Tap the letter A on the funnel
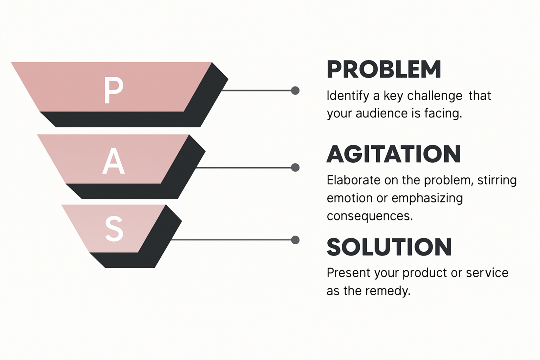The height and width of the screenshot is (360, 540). (114, 161)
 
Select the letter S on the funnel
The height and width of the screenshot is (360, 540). (114, 229)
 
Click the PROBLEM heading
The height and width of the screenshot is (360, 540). (384, 69)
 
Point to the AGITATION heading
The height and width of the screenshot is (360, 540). (394, 154)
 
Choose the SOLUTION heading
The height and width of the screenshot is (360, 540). (389, 247)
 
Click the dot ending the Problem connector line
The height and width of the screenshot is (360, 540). (295, 91)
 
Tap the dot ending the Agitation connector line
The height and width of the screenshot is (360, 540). (295, 168)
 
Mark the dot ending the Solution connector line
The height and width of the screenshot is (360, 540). (295, 240)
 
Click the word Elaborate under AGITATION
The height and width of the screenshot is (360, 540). (353, 180)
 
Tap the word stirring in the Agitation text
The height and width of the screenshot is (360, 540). (497, 180)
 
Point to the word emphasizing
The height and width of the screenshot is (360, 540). (427, 198)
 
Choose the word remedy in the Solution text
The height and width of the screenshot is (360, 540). (388, 291)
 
